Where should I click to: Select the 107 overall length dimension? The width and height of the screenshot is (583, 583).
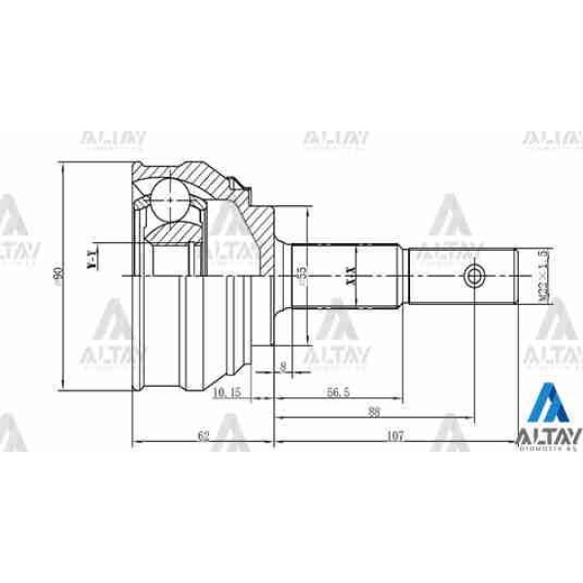pyautogui.click(x=395, y=436)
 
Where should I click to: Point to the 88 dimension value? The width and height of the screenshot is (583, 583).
pyautogui.click(x=373, y=411)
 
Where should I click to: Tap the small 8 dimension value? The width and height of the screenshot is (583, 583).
pyautogui.click(x=283, y=366)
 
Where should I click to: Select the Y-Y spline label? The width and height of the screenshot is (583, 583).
pyautogui.click(x=92, y=259)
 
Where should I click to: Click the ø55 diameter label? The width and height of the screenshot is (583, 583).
pyautogui.click(x=302, y=276)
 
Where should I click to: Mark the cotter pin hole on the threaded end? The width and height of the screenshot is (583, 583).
pyautogui.click(x=474, y=276)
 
